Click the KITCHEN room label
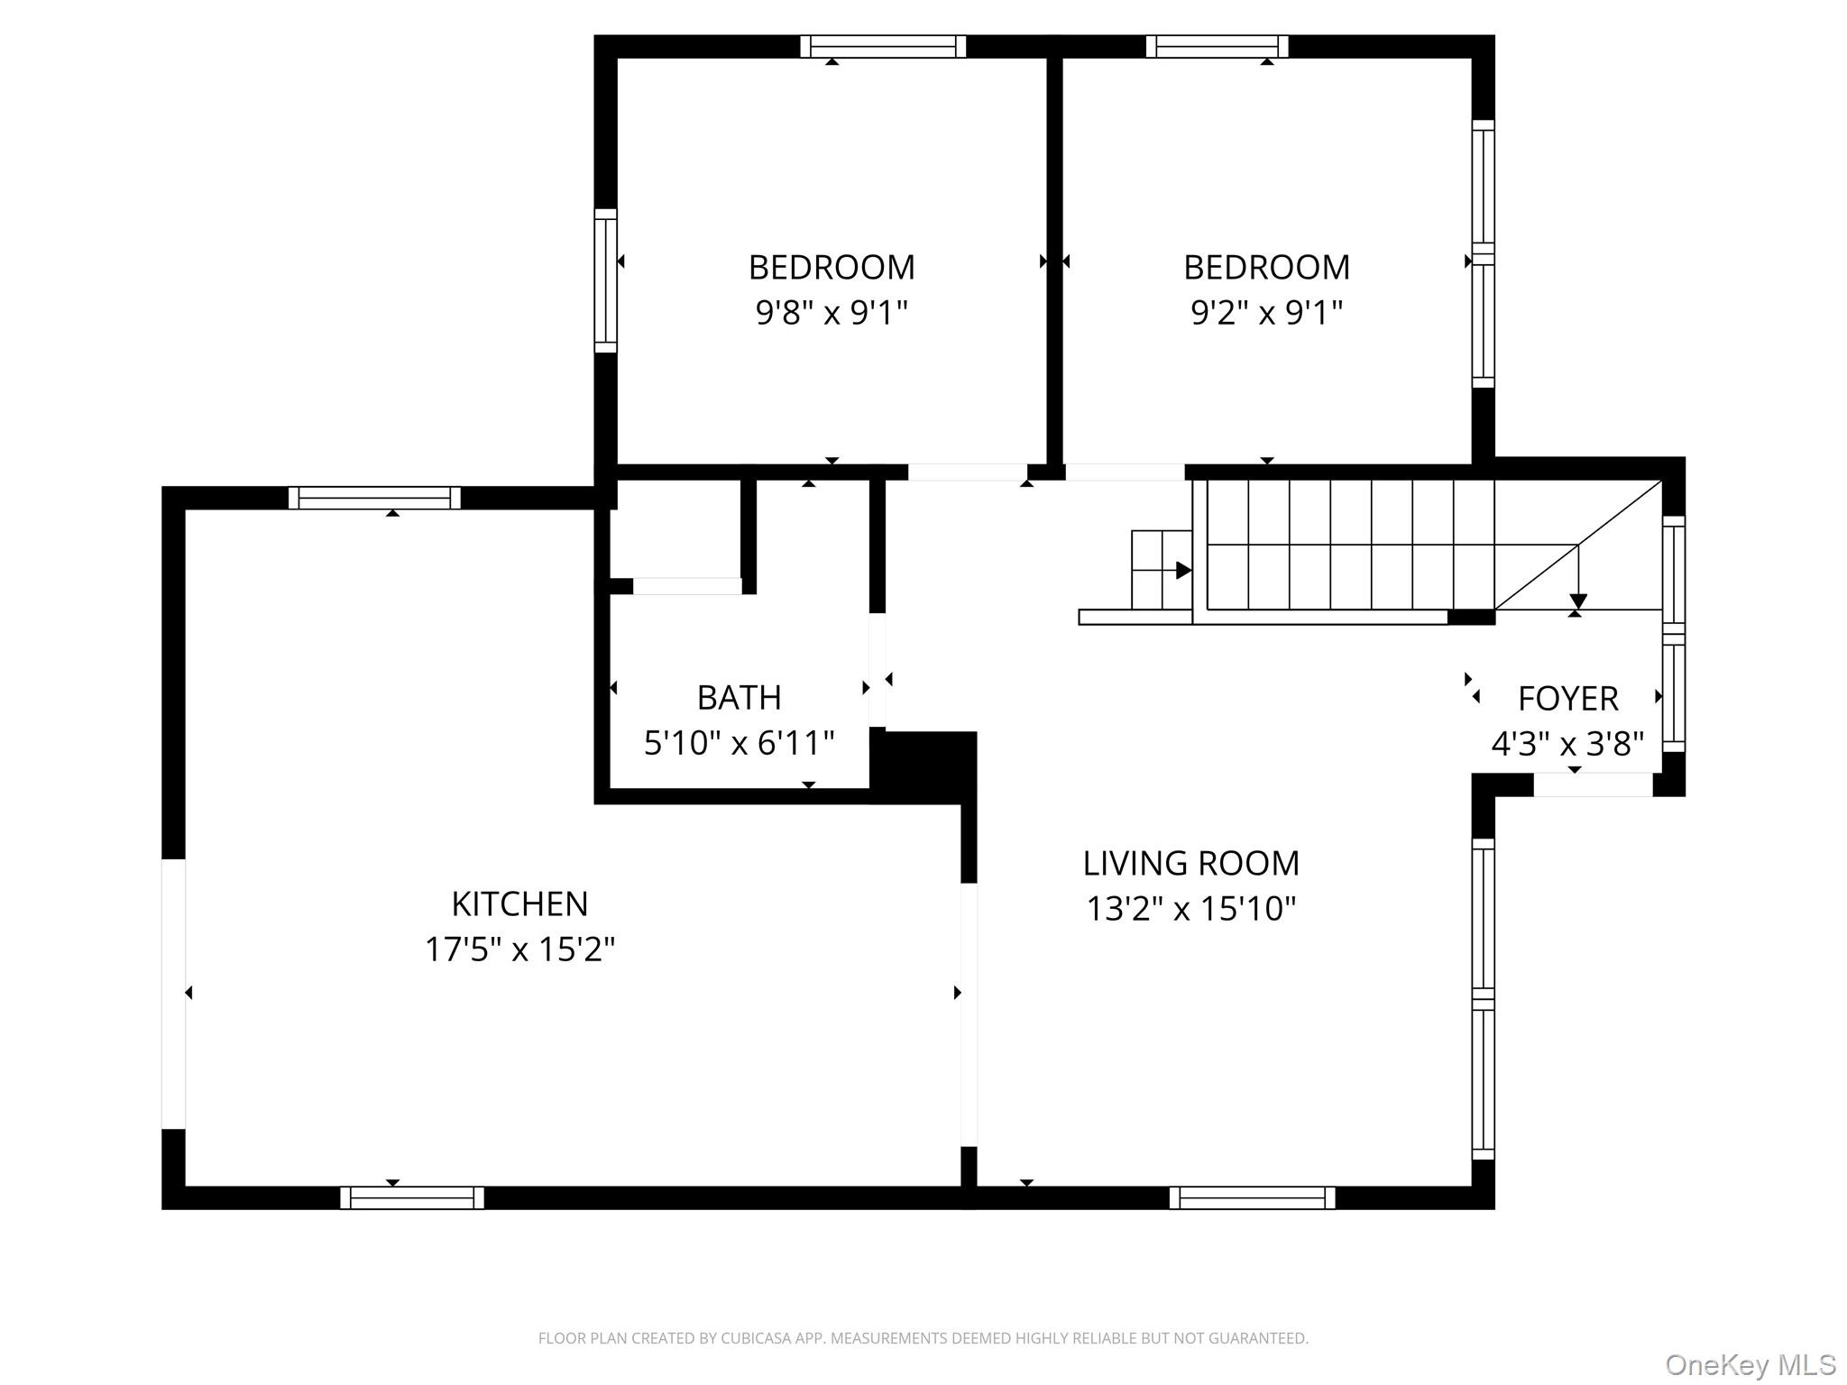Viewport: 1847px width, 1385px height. [x=519, y=903]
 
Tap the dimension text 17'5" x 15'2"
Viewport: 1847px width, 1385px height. [x=519, y=949]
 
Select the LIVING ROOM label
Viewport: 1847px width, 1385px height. [x=1190, y=863]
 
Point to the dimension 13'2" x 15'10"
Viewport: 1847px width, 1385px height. [x=1190, y=908]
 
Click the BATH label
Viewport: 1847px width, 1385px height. [x=739, y=698]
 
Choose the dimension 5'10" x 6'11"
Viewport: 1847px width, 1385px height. [x=739, y=744]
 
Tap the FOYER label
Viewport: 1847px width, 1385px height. [x=1567, y=699]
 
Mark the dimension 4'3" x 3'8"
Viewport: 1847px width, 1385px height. [x=1567, y=745]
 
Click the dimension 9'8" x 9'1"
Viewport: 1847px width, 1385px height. [x=832, y=313]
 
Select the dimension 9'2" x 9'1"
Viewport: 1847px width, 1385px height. [x=1266, y=313]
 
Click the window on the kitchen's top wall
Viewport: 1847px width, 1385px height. [x=374, y=498]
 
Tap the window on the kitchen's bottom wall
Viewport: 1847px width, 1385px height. [x=412, y=1197]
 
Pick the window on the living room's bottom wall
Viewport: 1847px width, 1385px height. [x=1253, y=1197]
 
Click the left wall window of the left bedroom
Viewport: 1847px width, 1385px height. [x=606, y=280]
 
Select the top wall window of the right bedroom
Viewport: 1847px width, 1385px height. [x=1218, y=46]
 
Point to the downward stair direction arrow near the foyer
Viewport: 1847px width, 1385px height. [x=1578, y=601]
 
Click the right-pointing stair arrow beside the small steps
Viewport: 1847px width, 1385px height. [x=1183, y=570]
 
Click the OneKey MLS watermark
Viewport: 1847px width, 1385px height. [x=1750, y=1365]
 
